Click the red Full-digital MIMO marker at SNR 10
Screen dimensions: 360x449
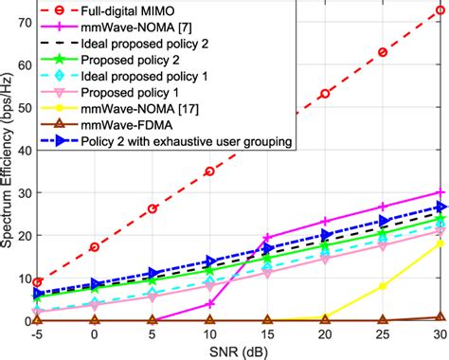click(210, 171)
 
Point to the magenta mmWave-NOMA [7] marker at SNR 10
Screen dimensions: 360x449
click(210, 304)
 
